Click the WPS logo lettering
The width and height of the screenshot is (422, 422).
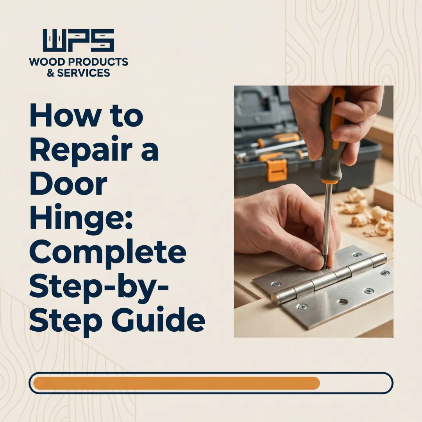[x=79, y=41]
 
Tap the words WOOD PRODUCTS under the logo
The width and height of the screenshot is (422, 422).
[x=79, y=62]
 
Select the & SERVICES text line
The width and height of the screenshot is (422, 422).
[x=79, y=73]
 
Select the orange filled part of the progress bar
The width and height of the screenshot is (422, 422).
[x=176, y=383]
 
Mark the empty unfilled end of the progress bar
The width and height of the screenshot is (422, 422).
[x=356, y=383]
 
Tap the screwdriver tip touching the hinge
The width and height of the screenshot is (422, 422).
[x=324, y=267]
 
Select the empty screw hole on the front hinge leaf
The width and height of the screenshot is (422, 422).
[x=343, y=302]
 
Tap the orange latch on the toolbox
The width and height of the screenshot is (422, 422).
[x=277, y=170]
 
